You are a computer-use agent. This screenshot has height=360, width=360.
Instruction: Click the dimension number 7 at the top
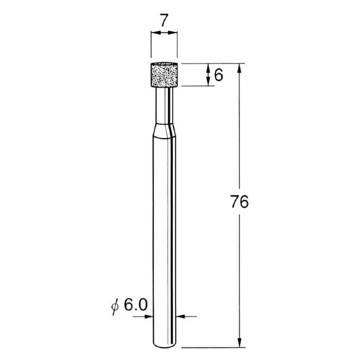[164, 20]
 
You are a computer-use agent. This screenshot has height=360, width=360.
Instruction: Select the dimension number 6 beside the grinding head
[218, 75]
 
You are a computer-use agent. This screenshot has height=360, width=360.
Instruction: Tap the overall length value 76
[239, 202]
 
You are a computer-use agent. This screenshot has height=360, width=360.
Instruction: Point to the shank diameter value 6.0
[135, 305]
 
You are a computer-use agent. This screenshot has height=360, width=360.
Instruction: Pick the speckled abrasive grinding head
[164, 75]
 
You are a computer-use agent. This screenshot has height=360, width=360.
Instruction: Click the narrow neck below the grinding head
[164, 105]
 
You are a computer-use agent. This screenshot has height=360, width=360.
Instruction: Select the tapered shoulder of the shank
[164, 131]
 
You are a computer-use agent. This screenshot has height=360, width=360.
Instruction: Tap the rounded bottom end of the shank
[164, 345]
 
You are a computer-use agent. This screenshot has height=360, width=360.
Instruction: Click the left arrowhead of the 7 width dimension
[155, 33]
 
